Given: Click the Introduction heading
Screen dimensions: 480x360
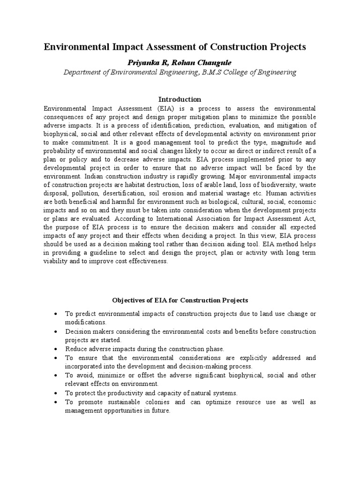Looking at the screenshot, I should [x=180, y=99].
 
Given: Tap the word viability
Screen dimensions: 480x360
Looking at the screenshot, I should [x=55, y=261].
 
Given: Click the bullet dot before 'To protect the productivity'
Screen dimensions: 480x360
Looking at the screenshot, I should [x=56, y=393].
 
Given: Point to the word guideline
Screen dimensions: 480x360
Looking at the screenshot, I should [x=98, y=253].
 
